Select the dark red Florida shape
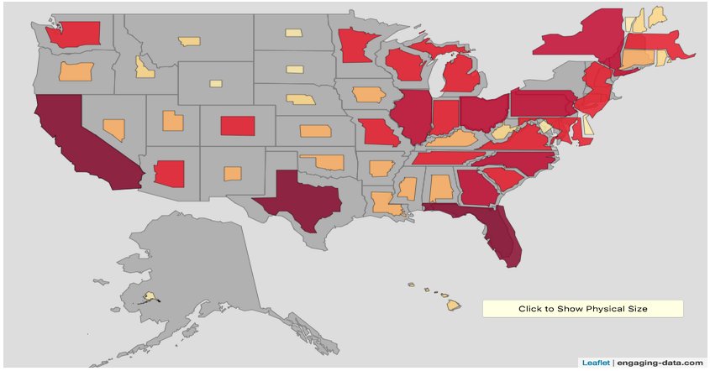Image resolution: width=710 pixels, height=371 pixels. [x=499, y=230]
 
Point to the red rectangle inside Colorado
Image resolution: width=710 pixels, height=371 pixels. [x=237, y=125]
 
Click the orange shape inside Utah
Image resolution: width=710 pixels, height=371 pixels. [x=172, y=121]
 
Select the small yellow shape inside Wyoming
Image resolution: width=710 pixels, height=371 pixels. [x=216, y=83]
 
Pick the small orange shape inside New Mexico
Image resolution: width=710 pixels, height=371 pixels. [x=233, y=173]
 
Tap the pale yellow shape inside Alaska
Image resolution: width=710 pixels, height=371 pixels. [x=150, y=296]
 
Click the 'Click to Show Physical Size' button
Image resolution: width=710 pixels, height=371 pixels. [x=582, y=309]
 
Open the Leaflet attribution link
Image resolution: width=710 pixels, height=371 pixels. [x=596, y=363]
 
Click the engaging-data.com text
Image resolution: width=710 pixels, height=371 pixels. [x=660, y=363]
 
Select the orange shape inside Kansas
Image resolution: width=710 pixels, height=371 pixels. [x=315, y=131]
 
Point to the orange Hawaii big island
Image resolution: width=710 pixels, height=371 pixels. [x=453, y=305]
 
